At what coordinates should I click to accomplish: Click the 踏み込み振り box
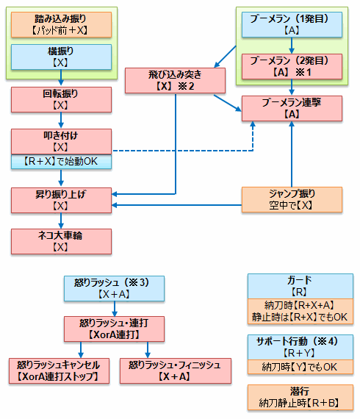point(61,24)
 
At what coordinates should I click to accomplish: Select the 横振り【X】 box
point(61,57)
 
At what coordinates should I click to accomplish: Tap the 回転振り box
point(61,99)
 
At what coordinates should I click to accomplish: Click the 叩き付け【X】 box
point(61,141)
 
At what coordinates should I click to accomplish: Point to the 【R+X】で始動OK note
point(61,162)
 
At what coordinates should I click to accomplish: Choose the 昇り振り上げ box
point(61,200)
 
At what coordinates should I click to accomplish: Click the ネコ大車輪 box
point(61,241)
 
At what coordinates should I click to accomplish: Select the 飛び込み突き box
point(175,80)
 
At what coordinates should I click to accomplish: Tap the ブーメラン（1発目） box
point(292,24)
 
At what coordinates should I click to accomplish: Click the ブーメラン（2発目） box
point(292,67)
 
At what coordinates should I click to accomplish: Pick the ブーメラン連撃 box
point(292,109)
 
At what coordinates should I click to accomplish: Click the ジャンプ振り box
point(292,200)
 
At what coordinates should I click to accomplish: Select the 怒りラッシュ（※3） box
point(114,289)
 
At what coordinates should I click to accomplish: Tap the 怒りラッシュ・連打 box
point(114,329)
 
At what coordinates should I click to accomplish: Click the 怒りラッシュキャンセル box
point(59,371)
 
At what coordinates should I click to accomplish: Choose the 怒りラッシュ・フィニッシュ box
point(176,371)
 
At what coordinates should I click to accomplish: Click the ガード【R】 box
point(300,286)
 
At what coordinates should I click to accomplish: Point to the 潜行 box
point(300,398)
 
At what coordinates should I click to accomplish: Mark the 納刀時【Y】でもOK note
point(300,367)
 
